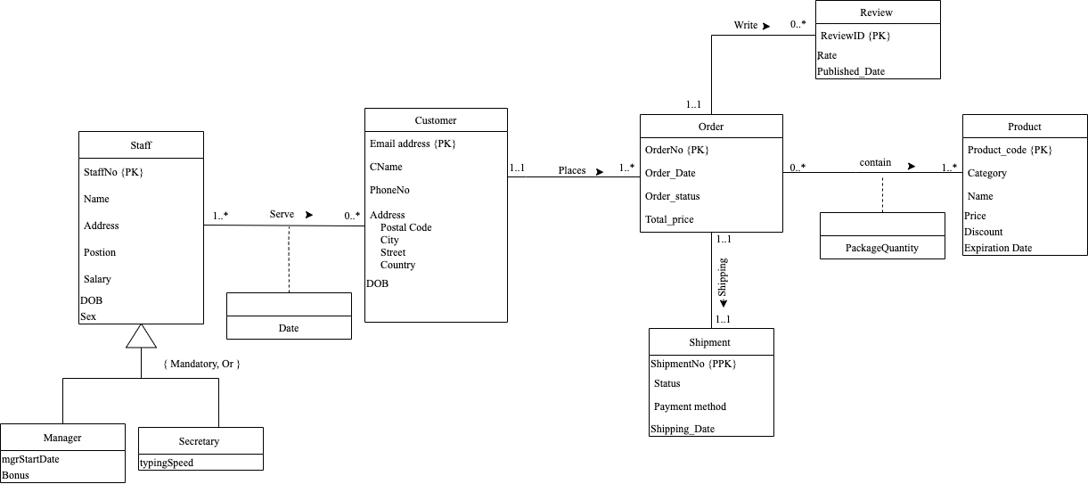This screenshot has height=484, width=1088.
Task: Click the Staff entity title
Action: (141, 145)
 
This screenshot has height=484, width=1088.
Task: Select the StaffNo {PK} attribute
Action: (113, 172)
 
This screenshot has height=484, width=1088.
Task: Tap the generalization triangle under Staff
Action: (141, 336)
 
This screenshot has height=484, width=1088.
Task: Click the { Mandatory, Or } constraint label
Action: (201, 364)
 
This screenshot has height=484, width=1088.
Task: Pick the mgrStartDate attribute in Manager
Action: (30, 459)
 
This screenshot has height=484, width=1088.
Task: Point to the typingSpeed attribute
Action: (167, 463)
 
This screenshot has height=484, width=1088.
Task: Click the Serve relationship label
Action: (282, 215)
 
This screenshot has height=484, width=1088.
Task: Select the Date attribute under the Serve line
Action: (289, 328)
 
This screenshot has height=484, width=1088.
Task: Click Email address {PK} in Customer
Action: (413, 144)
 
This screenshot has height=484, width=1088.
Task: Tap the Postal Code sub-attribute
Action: (405, 227)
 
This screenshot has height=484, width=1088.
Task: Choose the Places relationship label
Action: (572, 170)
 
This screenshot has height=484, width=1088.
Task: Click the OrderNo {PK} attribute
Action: (676, 150)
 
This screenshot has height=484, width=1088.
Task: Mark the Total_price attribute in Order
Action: (669, 219)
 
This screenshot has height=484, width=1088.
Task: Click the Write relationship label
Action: (746, 25)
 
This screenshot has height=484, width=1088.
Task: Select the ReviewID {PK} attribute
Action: (855, 36)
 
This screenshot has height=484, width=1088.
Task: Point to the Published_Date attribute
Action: (851, 71)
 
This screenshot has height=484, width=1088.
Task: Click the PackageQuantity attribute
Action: (882, 248)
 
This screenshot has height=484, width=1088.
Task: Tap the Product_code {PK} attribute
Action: (1010, 150)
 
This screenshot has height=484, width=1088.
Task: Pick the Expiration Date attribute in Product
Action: (998, 248)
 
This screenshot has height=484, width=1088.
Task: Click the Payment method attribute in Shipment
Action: (690, 406)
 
